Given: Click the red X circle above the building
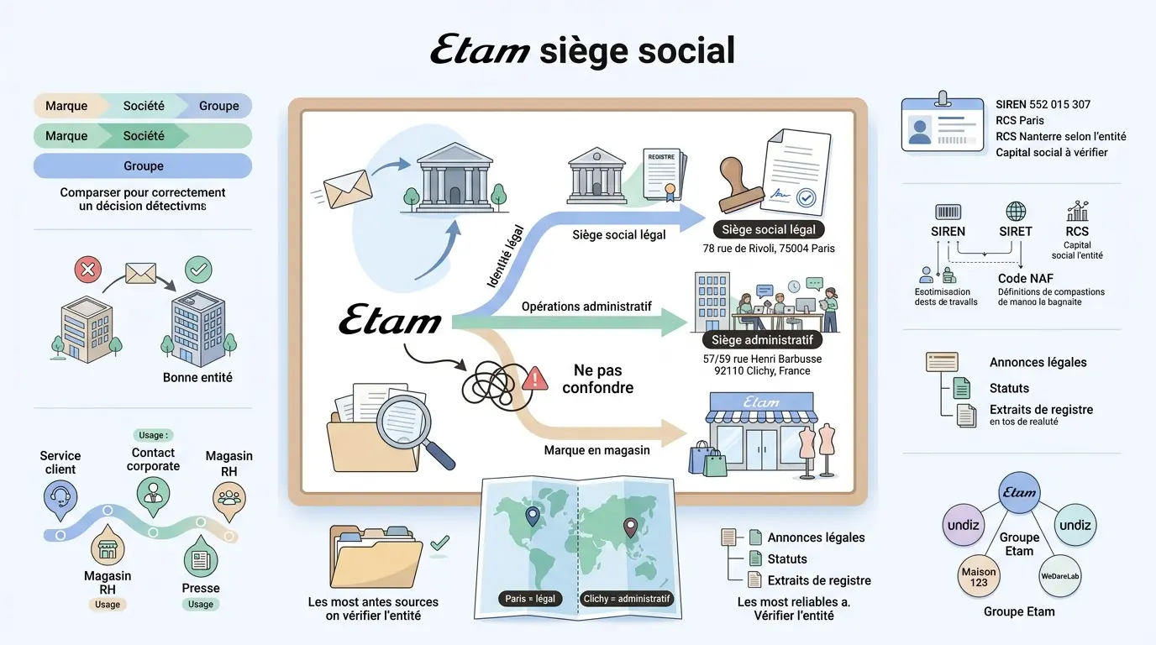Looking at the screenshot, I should (87, 270).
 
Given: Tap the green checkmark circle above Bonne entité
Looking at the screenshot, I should (199, 270).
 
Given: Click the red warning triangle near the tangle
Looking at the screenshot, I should (534, 380).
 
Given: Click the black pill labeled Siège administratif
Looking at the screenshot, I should (762, 340).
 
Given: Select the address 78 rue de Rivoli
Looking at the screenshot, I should (768, 249).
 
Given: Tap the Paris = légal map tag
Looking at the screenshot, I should (530, 599).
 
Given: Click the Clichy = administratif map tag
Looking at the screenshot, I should (628, 599).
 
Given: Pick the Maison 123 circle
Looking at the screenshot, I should (979, 577).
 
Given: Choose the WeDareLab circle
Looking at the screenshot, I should (1059, 577).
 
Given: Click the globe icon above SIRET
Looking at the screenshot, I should (1016, 211).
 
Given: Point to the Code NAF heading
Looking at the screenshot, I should (1025, 278).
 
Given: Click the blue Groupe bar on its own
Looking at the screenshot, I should (143, 165).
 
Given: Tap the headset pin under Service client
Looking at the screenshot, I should (60, 498).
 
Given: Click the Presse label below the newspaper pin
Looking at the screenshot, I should (200, 588).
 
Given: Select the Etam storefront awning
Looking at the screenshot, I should (760, 406).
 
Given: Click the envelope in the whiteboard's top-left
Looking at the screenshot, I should (348, 190).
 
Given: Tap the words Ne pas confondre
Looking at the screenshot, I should (597, 379).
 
